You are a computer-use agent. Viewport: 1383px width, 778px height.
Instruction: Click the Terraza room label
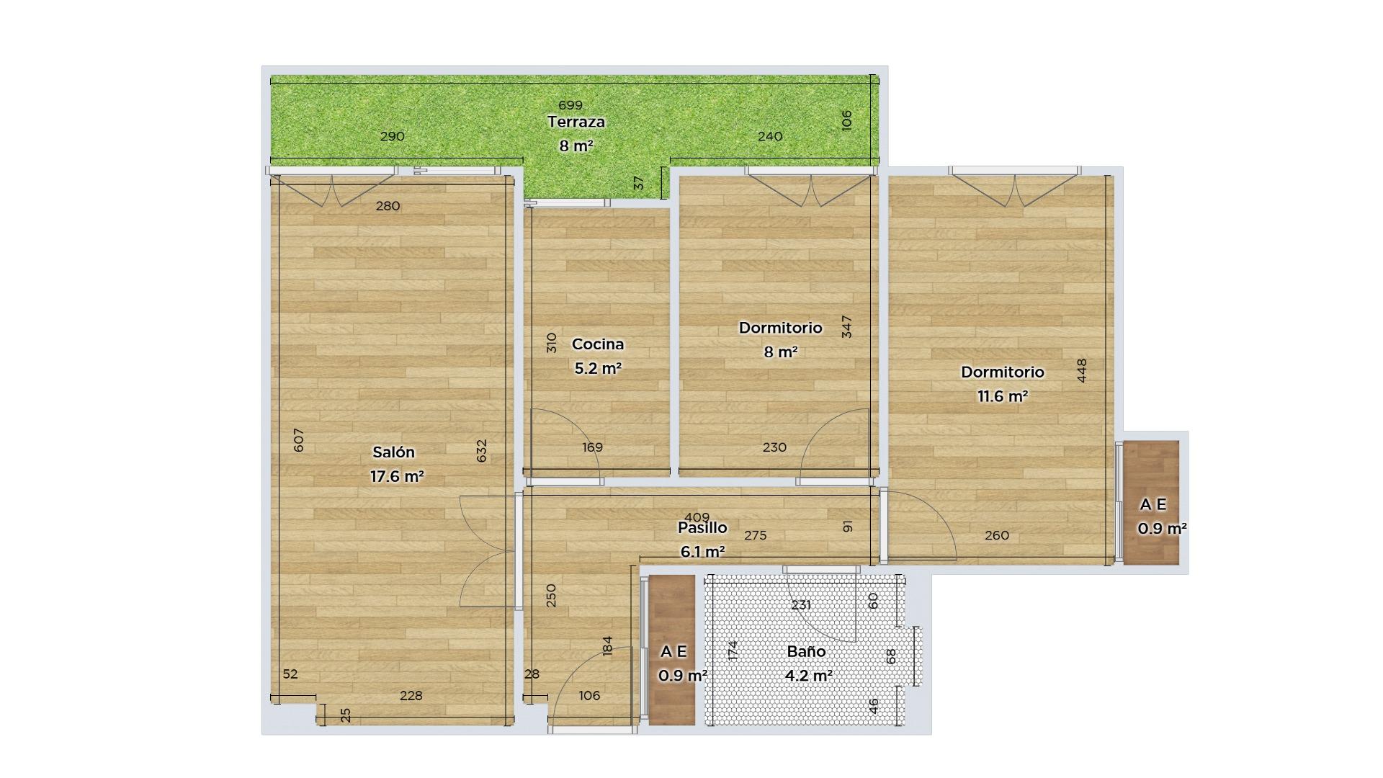tap(576, 122)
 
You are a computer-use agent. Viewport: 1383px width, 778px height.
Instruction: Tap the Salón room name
tap(393, 452)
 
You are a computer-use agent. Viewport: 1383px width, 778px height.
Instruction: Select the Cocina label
tap(598, 344)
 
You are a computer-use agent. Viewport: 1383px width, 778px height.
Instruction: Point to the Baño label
tap(806, 651)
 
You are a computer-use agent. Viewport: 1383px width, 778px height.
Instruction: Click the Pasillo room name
tap(702, 528)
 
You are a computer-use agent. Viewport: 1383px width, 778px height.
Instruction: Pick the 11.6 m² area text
tap(1002, 396)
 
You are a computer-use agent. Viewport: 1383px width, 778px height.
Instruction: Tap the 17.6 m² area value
tap(397, 476)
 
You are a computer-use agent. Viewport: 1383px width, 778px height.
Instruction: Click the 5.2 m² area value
tap(598, 368)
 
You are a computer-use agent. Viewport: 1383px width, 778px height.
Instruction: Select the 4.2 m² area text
tap(809, 676)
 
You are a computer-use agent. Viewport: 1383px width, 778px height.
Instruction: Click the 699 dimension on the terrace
tap(570, 106)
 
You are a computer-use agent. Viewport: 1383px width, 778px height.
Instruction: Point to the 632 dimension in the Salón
tap(482, 451)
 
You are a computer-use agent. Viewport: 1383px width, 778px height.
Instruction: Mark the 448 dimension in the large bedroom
tap(1081, 370)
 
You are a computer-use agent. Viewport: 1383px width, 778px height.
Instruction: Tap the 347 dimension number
tap(847, 326)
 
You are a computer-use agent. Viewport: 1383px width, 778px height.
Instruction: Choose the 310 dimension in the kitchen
tap(552, 342)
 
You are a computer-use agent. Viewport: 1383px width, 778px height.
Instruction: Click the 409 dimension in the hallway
tap(697, 517)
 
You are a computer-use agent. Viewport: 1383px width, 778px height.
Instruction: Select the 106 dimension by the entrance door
tap(589, 695)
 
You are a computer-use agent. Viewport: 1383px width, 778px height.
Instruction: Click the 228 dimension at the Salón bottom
tap(411, 695)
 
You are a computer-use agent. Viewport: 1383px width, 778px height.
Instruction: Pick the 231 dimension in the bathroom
tap(801, 605)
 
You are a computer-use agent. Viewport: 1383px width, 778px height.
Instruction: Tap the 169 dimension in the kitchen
tap(592, 447)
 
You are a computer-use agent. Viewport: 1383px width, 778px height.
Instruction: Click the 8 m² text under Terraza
tap(576, 146)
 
